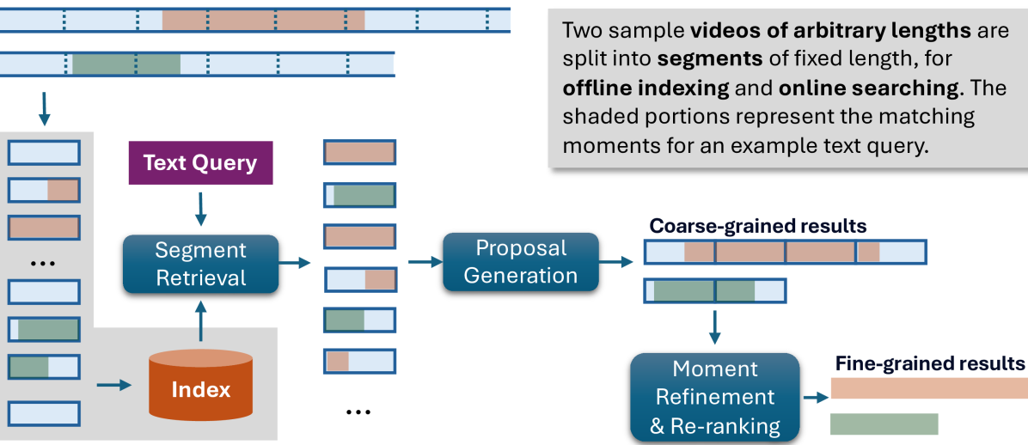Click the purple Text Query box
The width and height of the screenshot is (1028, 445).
coord(199,164)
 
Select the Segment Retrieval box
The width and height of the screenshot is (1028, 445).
coord(201,264)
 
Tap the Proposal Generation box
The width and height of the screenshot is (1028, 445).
coord(521,261)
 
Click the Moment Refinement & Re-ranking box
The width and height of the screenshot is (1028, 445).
coord(715,397)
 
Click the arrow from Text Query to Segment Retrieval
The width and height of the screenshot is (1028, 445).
coord(200,209)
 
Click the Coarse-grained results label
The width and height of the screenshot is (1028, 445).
coord(757,226)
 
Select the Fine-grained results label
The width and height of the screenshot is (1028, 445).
coord(930,363)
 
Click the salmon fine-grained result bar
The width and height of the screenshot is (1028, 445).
coord(929,389)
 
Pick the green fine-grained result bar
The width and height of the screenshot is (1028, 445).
coord(884,424)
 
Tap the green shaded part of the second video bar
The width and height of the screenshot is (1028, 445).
coord(126,64)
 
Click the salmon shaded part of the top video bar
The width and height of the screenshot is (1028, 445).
coord(263,19)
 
